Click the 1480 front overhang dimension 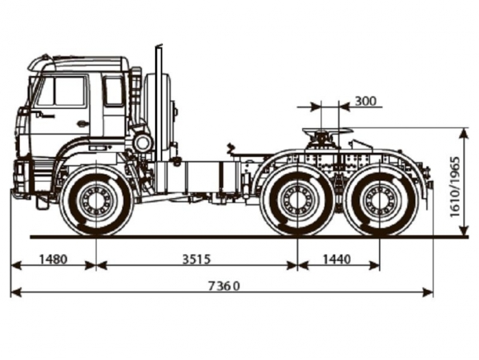tap(53, 259)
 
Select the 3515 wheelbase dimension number tap(197, 259)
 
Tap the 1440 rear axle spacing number tap(337, 259)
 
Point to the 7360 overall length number tap(224, 287)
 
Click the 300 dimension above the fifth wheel tap(366, 101)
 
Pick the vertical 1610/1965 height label tap(455, 187)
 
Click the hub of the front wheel tap(97, 200)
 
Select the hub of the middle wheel tap(297, 200)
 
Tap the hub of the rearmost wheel tap(379, 200)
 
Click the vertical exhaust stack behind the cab tap(159, 104)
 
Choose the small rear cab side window tap(114, 91)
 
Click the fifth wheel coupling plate tap(328, 130)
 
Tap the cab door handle tap(81, 123)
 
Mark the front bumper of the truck tap(21, 180)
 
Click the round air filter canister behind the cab tap(143, 143)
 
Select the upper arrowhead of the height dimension tap(464, 134)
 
